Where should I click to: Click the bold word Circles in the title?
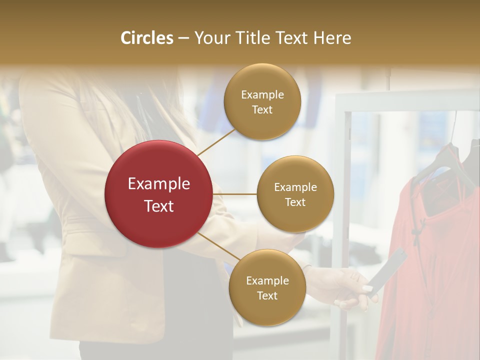click(x=147, y=38)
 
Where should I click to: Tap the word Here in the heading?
click(x=332, y=38)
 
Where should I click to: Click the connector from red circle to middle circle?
click(x=234, y=193)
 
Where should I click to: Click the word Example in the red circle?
click(x=159, y=184)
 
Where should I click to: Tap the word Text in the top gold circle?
click(x=262, y=109)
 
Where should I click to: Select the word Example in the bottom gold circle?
click(x=267, y=280)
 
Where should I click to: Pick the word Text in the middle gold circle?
click(x=295, y=202)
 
